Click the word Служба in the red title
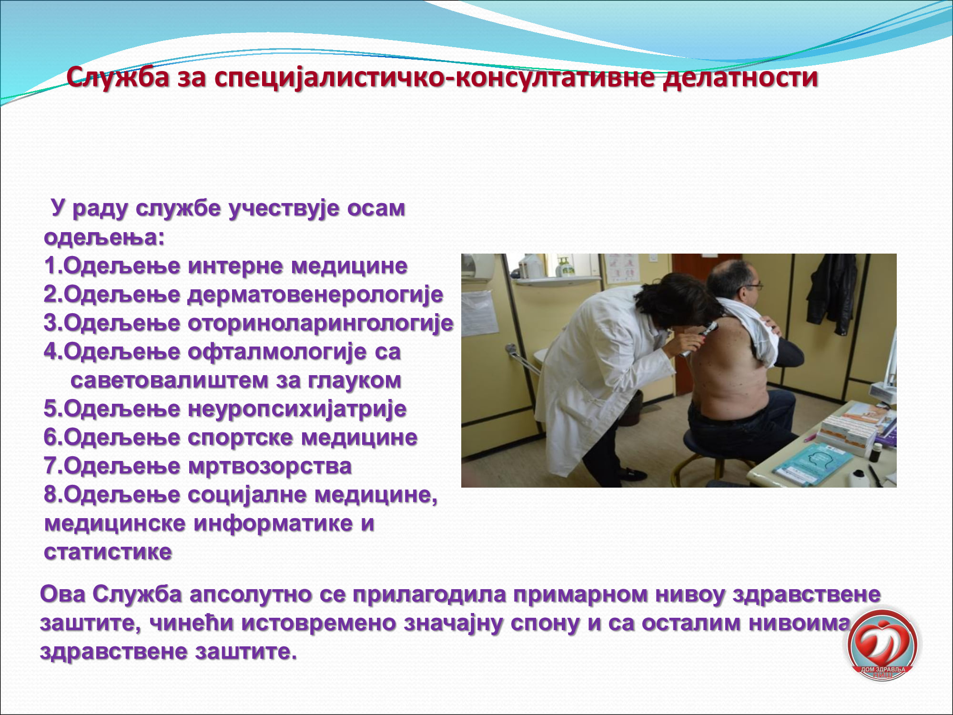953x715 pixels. click(118, 77)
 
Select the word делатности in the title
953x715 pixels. click(740, 77)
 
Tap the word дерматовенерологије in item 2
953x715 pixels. click(315, 295)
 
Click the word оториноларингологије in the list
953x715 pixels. click(321, 324)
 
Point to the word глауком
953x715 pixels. click(355, 380)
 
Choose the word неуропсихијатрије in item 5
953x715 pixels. click(297, 409)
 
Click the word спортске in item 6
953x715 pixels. click(240, 438)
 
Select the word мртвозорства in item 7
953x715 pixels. click(270, 467)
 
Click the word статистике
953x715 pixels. click(108, 552)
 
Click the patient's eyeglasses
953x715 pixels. click(751, 287)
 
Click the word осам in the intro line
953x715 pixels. click(376, 208)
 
